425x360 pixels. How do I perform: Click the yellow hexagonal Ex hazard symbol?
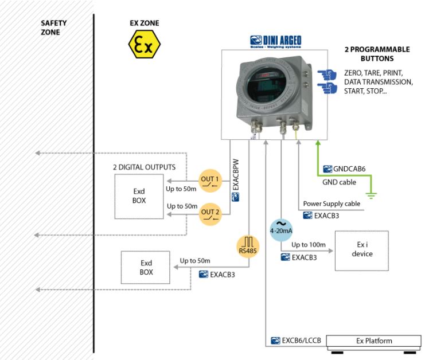point(144,44)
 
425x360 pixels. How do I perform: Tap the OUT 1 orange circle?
point(210,181)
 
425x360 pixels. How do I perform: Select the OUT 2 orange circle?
point(210,214)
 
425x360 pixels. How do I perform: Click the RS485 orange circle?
point(248,246)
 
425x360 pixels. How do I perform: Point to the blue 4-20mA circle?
point(281,230)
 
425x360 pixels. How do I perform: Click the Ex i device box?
point(362,251)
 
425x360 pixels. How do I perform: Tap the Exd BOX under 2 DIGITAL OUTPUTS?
point(139,196)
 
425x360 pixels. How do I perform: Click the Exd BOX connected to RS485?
point(146,267)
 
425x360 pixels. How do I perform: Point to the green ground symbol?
point(371,195)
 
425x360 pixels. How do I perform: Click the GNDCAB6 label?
point(345,169)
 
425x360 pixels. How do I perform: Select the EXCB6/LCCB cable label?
point(296,341)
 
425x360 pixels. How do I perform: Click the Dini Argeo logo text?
point(276,42)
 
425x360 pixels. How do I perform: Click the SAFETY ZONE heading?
point(54,28)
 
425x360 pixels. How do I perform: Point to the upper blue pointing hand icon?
point(327,74)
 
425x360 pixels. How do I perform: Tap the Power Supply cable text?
point(332,204)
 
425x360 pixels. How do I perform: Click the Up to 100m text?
point(309,245)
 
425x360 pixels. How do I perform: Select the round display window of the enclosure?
point(266,85)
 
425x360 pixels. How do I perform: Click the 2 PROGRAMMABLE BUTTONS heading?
point(377,54)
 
